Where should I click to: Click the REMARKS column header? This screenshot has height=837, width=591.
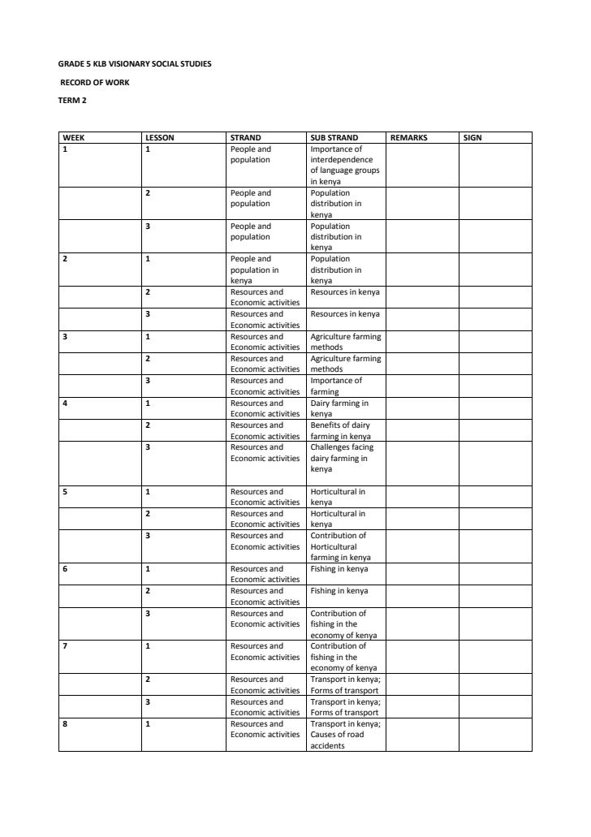408,138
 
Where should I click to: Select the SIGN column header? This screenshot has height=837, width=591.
472,138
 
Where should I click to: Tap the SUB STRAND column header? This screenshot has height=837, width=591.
334,138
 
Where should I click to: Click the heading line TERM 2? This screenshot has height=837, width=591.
72,101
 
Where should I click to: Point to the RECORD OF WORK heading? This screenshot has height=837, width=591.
95,82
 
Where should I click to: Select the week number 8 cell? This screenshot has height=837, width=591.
65,724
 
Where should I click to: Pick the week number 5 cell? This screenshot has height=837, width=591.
65,492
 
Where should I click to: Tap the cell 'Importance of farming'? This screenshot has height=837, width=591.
336,386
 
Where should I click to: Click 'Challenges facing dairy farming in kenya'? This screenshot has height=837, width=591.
342,458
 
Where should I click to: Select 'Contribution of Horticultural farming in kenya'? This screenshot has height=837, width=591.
340,546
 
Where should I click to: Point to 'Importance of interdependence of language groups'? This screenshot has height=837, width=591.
344,166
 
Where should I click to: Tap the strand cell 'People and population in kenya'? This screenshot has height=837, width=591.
254,270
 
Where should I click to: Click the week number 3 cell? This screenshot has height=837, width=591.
65,336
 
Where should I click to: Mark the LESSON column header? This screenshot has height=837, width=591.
159,138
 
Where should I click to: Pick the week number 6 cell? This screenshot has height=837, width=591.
65,569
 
